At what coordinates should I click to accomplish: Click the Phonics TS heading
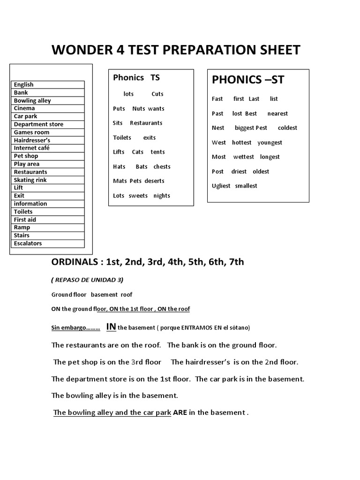[x=136, y=78]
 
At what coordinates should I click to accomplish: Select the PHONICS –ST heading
[x=248, y=80]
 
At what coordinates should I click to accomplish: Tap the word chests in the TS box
[x=162, y=166]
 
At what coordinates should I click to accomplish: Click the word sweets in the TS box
[x=138, y=195]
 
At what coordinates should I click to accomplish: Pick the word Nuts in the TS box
[x=139, y=108]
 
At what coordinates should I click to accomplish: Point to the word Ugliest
[x=221, y=186]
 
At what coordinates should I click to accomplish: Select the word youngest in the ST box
[x=270, y=142]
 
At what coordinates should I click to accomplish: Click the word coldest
[x=287, y=127]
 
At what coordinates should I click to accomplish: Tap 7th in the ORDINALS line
[x=236, y=262]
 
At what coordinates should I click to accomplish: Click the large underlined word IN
[x=111, y=326]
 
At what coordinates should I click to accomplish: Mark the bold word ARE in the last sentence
[x=180, y=412]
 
